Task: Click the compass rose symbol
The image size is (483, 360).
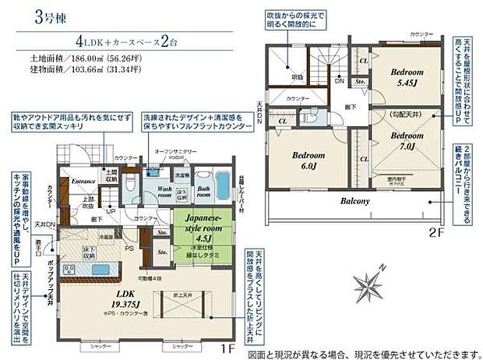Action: click(x=368, y=281)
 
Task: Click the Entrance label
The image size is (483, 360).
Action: click(x=83, y=181)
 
